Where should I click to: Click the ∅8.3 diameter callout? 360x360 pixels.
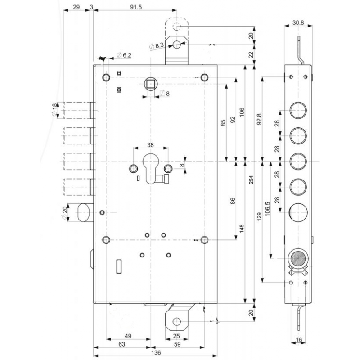point(156,45)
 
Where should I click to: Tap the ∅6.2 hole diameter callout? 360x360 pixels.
point(124,55)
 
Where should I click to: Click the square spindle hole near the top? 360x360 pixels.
point(150,84)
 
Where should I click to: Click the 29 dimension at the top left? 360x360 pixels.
point(76,7)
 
